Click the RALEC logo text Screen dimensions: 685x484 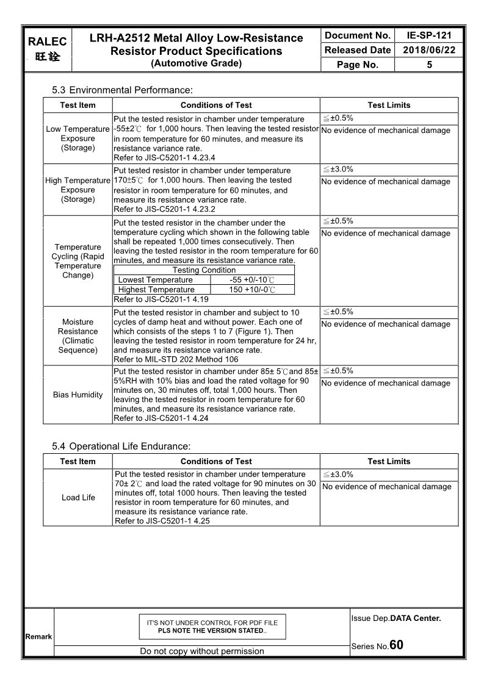(x=47, y=41)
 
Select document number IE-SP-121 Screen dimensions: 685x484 (x=429, y=35)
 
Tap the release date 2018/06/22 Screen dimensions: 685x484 (x=429, y=50)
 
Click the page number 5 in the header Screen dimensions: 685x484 (x=429, y=65)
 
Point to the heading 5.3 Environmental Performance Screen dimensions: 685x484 (x=122, y=90)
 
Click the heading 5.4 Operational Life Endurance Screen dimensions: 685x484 (x=121, y=447)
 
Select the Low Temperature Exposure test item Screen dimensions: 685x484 (x=78, y=138)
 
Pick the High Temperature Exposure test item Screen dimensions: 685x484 (x=78, y=190)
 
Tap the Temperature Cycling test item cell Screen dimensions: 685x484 (x=78, y=261)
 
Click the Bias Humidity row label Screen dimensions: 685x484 (x=78, y=395)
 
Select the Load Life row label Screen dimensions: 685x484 (x=78, y=497)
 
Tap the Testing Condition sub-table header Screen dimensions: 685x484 (x=204, y=270)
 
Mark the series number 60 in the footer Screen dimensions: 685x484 (x=396, y=645)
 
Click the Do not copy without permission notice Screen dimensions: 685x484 (x=202, y=651)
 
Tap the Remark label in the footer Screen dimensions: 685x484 (x=38, y=637)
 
